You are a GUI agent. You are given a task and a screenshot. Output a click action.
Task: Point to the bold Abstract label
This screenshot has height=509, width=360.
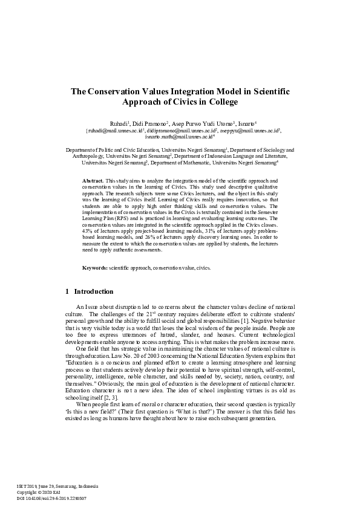pos(93,181)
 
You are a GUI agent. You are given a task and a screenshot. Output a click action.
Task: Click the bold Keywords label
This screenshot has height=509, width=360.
pos(95,267)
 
